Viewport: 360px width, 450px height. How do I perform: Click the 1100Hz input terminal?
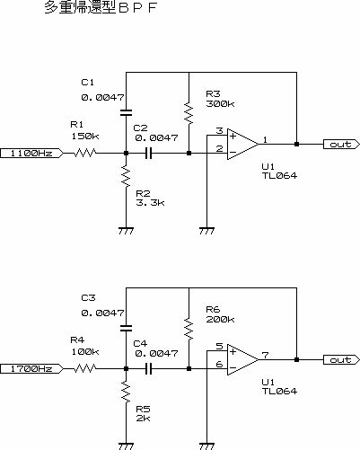pos(31,154)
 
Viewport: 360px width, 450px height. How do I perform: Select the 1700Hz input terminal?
pos(31,369)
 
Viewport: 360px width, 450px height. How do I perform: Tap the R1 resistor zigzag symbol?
pos(85,154)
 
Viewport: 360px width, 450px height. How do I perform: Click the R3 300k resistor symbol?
pos(189,113)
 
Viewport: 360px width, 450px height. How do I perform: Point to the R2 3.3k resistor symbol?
pos(126,176)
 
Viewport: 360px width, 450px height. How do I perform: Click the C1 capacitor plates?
pos(126,113)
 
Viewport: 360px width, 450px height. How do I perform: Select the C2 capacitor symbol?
pos(149,154)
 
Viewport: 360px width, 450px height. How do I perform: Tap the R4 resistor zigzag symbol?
pos(85,369)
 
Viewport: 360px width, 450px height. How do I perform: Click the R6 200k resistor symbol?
pos(189,329)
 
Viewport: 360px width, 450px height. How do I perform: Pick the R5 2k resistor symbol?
pos(126,392)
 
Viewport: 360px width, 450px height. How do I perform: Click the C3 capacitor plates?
pos(126,329)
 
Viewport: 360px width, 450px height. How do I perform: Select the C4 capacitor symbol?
pos(149,369)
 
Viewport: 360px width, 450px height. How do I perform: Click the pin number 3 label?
pos(220,130)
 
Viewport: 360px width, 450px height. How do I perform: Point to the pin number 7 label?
pos(265,355)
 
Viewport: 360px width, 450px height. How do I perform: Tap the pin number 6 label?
pos(220,364)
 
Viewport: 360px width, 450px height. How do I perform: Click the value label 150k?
pos(85,137)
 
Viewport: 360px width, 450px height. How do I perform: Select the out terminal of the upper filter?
pos(341,145)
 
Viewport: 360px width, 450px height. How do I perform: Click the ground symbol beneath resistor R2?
pos(126,231)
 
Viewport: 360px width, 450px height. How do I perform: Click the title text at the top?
pos(101,7)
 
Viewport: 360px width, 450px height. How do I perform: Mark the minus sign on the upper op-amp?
pos(233,153)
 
